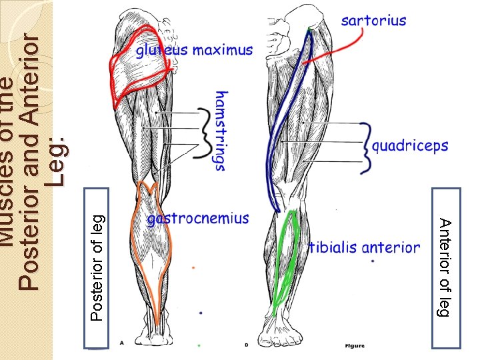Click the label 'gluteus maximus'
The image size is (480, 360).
195,51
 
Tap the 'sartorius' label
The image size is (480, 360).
373,21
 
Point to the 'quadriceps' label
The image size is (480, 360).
410,146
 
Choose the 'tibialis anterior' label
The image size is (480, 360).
364,248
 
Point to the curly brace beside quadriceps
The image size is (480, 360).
365,148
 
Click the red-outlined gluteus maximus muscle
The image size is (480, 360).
141,74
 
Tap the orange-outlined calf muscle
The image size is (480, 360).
153,247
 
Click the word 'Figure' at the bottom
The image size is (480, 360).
355,345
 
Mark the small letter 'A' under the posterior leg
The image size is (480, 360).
122,342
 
